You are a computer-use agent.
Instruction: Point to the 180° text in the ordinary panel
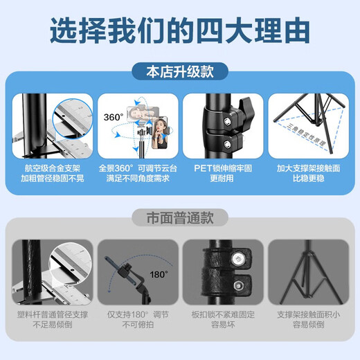tap(158, 274)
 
